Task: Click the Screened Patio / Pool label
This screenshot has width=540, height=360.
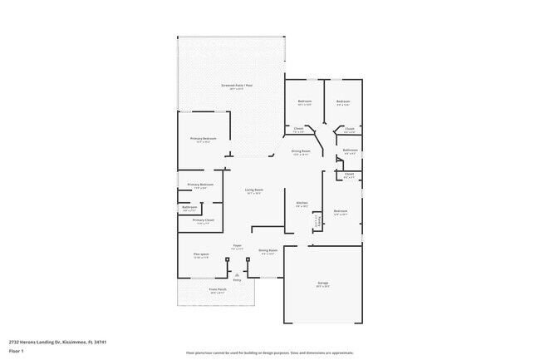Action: pyautogui.click(x=232, y=86)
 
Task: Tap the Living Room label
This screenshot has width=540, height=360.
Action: pyautogui.click(x=253, y=190)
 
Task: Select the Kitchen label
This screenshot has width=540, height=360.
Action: pyautogui.click(x=302, y=203)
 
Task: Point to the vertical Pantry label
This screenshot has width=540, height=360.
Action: pyautogui.click(x=316, y=221)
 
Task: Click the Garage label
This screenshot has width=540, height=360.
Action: pyautogui.click(x=322, y=284)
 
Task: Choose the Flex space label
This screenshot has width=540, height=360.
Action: pyautogui.click(x=201, y=254)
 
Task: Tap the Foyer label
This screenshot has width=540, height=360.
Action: pyautogui.click(x=237, y=246)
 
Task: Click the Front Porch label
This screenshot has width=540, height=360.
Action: pyautogui.click(x=218, y=289)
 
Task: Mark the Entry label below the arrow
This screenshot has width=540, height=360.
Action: pyautogui.click(x=237, y=281)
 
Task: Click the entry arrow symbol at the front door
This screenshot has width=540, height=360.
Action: pyautogui.click(x=237, y=274)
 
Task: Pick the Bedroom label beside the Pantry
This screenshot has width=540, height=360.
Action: pyautogui.click(x=341, y=211)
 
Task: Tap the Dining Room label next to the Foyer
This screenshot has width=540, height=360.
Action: pyautogui.click(x=268, y=250)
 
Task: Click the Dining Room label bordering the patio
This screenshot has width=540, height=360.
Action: pyautogui.click(x=301, y=150)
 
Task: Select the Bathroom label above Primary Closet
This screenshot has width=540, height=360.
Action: pyautogui.click(x=189, y=207)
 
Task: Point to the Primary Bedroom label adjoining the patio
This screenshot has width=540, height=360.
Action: pyautogui.click(x=203, y=139)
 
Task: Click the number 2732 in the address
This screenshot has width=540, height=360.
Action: pyautogui.click(x=16, y=341)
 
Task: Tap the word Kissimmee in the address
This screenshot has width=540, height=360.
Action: pyautogui.click(x=76, y=341)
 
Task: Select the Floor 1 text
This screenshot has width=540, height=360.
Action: pyautogui.click(x=17, y=351)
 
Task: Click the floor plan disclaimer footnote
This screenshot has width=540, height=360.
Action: pyautogui.click(x=269, y=353)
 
